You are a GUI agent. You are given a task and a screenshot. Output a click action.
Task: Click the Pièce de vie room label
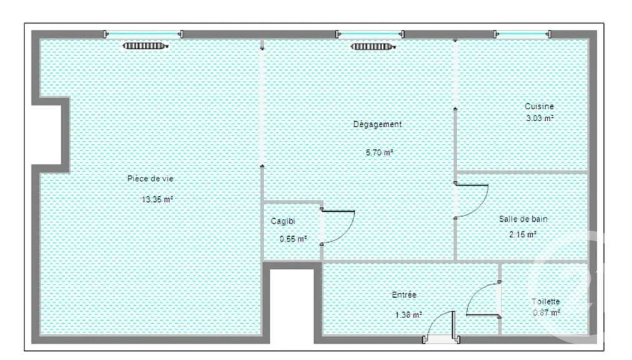(x=151, y=178)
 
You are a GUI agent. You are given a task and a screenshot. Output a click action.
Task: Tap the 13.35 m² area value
(x=157, y=199)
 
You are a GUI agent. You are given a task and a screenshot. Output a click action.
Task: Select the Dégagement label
(x=377, y=125)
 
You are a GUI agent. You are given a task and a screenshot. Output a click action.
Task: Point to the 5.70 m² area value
(x=379, y=152)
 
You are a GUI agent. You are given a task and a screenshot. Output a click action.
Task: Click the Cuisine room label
(x=540, y=106)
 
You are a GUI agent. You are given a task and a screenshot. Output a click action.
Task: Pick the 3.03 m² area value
(x=540, y=118)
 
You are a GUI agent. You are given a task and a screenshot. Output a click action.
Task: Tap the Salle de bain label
(x=523, y=219)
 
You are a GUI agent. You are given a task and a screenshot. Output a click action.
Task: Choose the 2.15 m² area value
(x=523, y=234)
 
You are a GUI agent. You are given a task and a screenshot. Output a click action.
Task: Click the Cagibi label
(x=282, y=221)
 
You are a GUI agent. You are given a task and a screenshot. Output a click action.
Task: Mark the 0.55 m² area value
(x=293, y=239)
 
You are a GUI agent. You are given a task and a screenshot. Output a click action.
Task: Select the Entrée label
(x=404, y=295)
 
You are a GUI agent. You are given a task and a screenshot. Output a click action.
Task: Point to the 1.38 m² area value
(x=408, y=315)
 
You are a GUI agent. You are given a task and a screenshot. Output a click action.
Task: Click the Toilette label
(x=546, y=301)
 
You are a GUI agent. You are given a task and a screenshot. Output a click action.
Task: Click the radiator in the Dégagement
(x=373, y=47)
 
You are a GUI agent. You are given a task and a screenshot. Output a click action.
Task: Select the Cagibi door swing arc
(x=349, y=231)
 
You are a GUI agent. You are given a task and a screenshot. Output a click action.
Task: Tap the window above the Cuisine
(x=522, y=34)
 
